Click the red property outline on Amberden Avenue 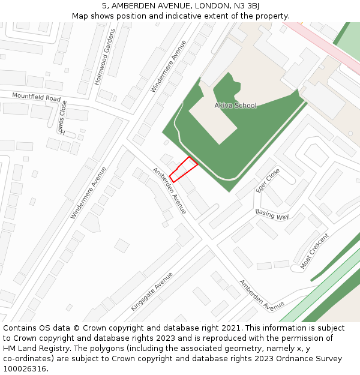[184, 169]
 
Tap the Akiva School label [235, 106]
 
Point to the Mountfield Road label [37, 97]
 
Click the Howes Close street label [62, 117]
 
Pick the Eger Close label [268, 180]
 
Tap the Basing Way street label [272, 214]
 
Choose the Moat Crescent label [314, 251]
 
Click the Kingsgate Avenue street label [152, 291]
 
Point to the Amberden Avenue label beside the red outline [169, 190]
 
